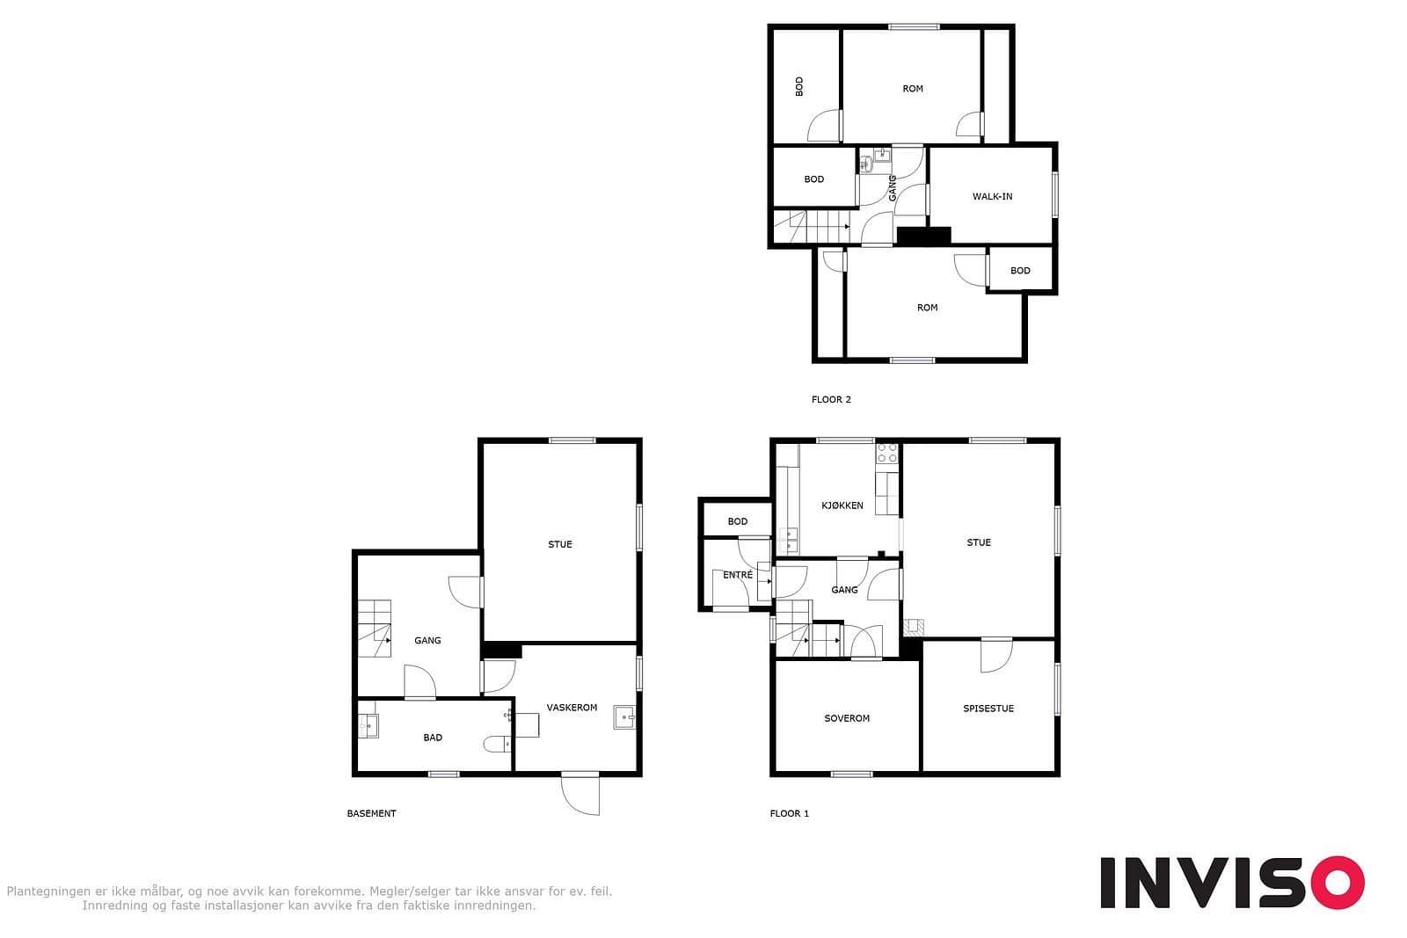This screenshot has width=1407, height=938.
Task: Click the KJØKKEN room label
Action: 842,505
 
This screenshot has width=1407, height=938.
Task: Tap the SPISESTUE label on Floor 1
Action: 988,709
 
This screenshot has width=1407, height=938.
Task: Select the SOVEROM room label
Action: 847,718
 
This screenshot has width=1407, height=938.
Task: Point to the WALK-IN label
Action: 993,197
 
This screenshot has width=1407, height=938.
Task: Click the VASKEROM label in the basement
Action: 572,708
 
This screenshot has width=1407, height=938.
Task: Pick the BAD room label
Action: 433,738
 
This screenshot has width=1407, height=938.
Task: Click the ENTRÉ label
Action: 738,574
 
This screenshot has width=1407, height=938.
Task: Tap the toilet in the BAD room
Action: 498,745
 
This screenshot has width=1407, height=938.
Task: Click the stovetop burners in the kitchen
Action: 887,454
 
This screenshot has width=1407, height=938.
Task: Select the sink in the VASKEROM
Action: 624,717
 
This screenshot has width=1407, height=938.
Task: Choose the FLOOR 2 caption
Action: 831,399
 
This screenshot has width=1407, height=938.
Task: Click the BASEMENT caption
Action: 371,813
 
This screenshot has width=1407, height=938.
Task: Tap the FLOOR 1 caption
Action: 790,813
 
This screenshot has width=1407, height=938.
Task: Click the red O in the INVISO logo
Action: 1338,882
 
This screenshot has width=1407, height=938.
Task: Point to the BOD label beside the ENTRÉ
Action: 738,521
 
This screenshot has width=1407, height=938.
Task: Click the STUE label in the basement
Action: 559,544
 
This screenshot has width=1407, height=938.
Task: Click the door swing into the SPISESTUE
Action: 997,656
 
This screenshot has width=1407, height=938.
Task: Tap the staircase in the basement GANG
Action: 375,629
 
